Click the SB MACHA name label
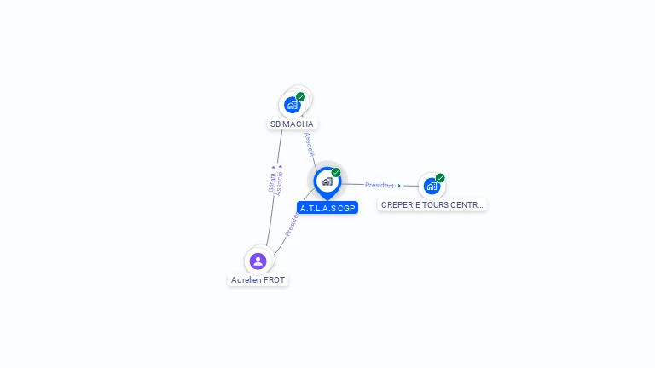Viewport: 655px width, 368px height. click(x=292, y=124)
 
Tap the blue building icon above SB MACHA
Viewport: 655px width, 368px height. click(x=293, y=105)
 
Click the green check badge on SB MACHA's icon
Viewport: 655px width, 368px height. click(x=301, y=97)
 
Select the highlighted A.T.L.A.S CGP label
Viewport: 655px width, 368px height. click(x=327, y=208)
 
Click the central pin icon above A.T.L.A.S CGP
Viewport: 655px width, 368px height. click(x=327, y=181)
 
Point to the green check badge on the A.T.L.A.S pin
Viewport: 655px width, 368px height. click(x=336, y=173)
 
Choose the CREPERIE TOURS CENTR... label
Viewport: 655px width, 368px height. click(x=432, y=205)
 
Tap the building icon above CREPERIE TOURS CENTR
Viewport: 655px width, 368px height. click(x=432, y=186)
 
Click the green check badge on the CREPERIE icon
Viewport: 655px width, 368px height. click(x=440, y=178)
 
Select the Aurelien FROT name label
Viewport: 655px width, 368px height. click(x=258, y=280)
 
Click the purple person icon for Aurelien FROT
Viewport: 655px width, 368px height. click(x=258, y=261)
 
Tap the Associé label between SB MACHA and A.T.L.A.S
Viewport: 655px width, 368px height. click(x=310, y=144)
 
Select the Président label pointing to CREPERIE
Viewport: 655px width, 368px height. click(x=380, y=185)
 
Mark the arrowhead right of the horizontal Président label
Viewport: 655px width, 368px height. click(x=399, y=186)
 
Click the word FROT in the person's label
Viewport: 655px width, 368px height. click(x=274, y=280)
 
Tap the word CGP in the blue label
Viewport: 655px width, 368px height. click(x=345, y=208)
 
